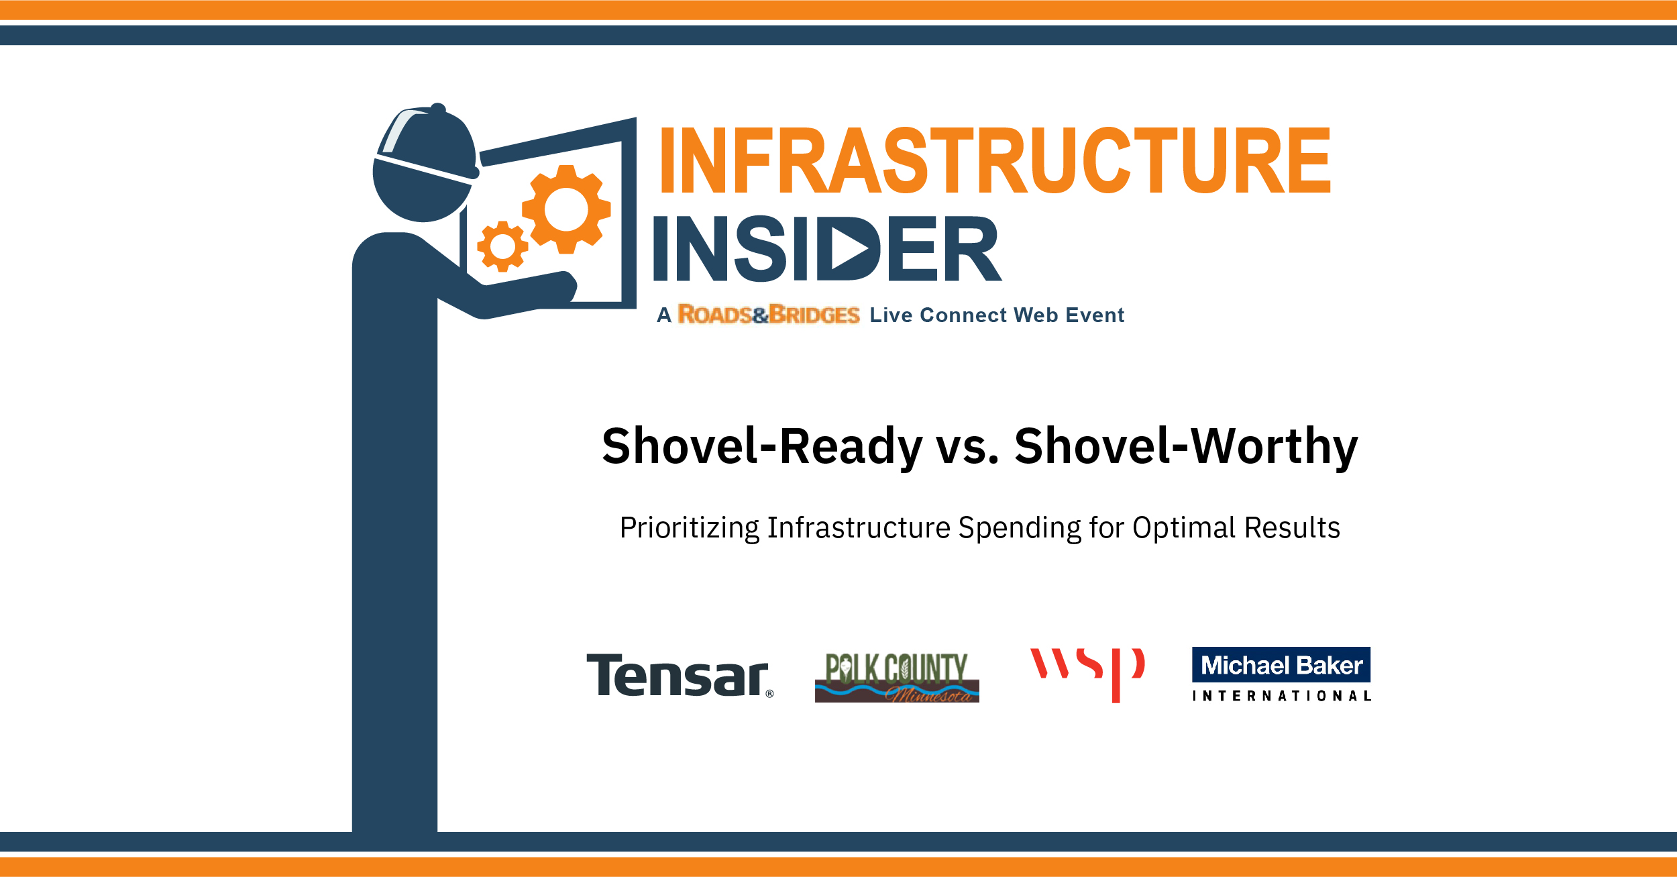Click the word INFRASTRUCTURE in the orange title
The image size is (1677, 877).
(995, 161)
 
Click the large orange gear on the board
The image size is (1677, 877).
(567, 209)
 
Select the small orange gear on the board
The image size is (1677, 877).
(502, 246)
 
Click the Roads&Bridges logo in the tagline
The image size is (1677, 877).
(769, 314)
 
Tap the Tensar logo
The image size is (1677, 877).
(680, 676)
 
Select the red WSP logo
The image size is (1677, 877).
(1087, 674)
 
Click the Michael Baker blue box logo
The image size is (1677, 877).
(1281, 665)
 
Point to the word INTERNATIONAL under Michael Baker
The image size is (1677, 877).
(1282, 697)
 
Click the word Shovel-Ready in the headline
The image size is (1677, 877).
(763, 446)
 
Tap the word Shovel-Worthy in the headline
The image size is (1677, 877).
(1186, 446)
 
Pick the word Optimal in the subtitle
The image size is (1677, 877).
(1184, 528)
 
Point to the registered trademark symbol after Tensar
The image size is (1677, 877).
(769, 694)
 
